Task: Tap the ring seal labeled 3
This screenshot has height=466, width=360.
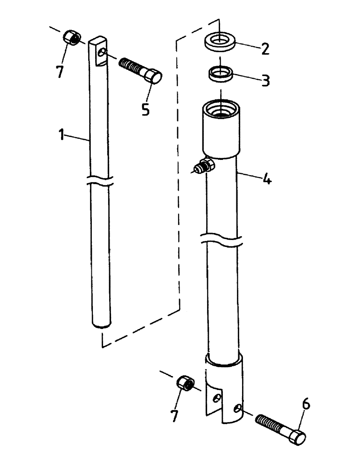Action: click(221, 73)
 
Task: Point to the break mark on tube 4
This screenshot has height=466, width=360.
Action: click(222, 240)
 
